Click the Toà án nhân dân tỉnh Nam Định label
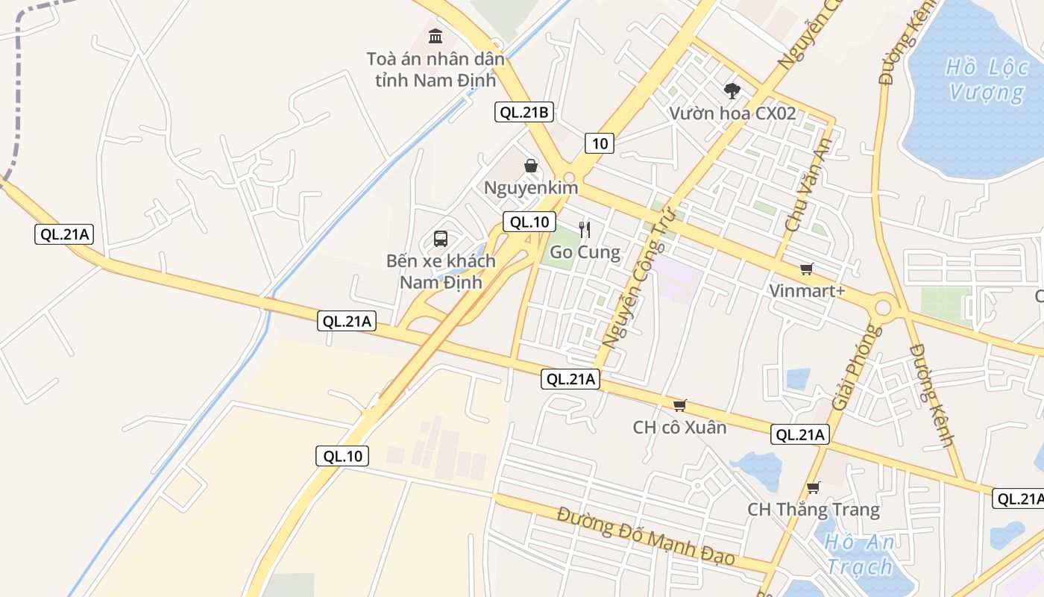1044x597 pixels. tap(435, 69)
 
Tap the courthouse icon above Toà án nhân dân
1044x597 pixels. tap(435, 35)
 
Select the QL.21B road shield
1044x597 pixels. tap(524, 113)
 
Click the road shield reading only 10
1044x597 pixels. tap(600, 143)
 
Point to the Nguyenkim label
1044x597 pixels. tap(531, 187)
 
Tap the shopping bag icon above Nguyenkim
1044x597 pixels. tap(531, 165)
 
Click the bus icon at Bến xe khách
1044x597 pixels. tap(441, 239)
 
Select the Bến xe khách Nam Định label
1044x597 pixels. tap(441, 272)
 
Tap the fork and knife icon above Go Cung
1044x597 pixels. tap(585, 229)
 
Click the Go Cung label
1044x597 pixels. tap(585, 252)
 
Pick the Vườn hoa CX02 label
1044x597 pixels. tap(732, 113)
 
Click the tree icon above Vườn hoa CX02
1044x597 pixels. tap(732, 91)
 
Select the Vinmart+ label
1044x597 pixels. tap(807, 290)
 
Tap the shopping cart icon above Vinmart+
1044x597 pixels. tap(806, 269)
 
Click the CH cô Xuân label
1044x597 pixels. tap(679, 428)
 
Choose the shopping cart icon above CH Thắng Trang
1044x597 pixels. tap(813, 488)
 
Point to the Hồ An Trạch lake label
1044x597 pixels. tap(859, 554)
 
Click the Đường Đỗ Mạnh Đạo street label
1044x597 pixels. tap(646, 536)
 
